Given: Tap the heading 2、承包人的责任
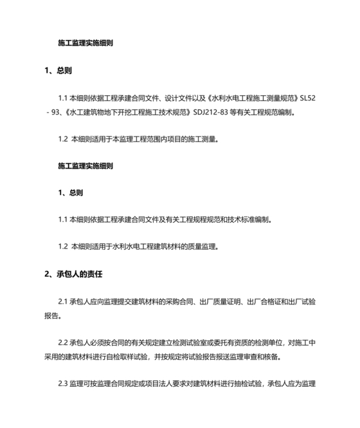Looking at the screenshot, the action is [x=73, y=274].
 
